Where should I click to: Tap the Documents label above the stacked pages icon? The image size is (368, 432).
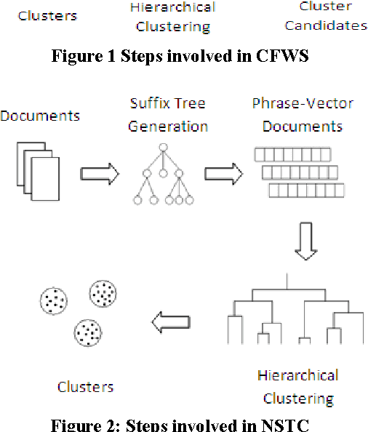40,116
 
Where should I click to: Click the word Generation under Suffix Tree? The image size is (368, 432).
168,127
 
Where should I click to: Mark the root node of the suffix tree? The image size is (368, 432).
164,149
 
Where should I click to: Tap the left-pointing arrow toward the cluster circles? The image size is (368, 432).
172,321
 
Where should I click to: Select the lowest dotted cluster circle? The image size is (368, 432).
87,332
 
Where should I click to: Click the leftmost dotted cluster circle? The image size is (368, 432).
54,299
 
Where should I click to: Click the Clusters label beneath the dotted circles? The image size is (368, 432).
86,387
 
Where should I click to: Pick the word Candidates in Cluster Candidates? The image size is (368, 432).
326,26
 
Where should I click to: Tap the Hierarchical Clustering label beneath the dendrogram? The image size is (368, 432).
297,387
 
